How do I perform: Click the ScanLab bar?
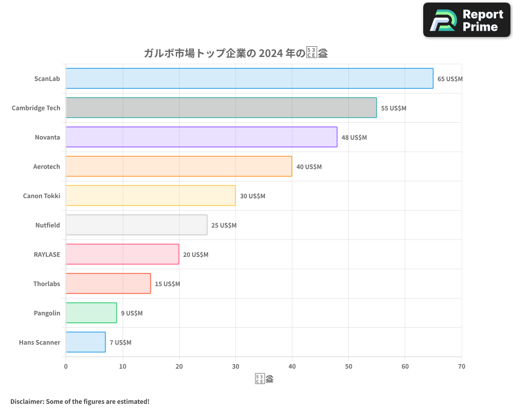point(249,79)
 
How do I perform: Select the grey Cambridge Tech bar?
point(221,108)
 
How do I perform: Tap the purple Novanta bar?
point(202,137)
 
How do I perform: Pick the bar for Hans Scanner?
point(86,342)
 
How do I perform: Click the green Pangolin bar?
point(91,313)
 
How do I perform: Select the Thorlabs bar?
point(108,284)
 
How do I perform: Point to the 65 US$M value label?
point(450,79)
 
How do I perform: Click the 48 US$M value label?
point(354,138)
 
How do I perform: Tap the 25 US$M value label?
point(224,226)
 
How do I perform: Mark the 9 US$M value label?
point(132,313)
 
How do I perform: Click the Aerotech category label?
point(47,167)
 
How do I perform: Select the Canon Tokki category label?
point(42,196)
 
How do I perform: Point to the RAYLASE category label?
point(47,255)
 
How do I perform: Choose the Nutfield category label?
point(48,226)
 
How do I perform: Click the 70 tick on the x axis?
point(462,366)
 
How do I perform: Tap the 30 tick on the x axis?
point(235,366)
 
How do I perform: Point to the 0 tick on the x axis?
point(66,366)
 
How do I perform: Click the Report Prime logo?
point(466,20)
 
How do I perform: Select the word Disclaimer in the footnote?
point(27,401)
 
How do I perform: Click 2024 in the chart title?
point(271,53)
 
